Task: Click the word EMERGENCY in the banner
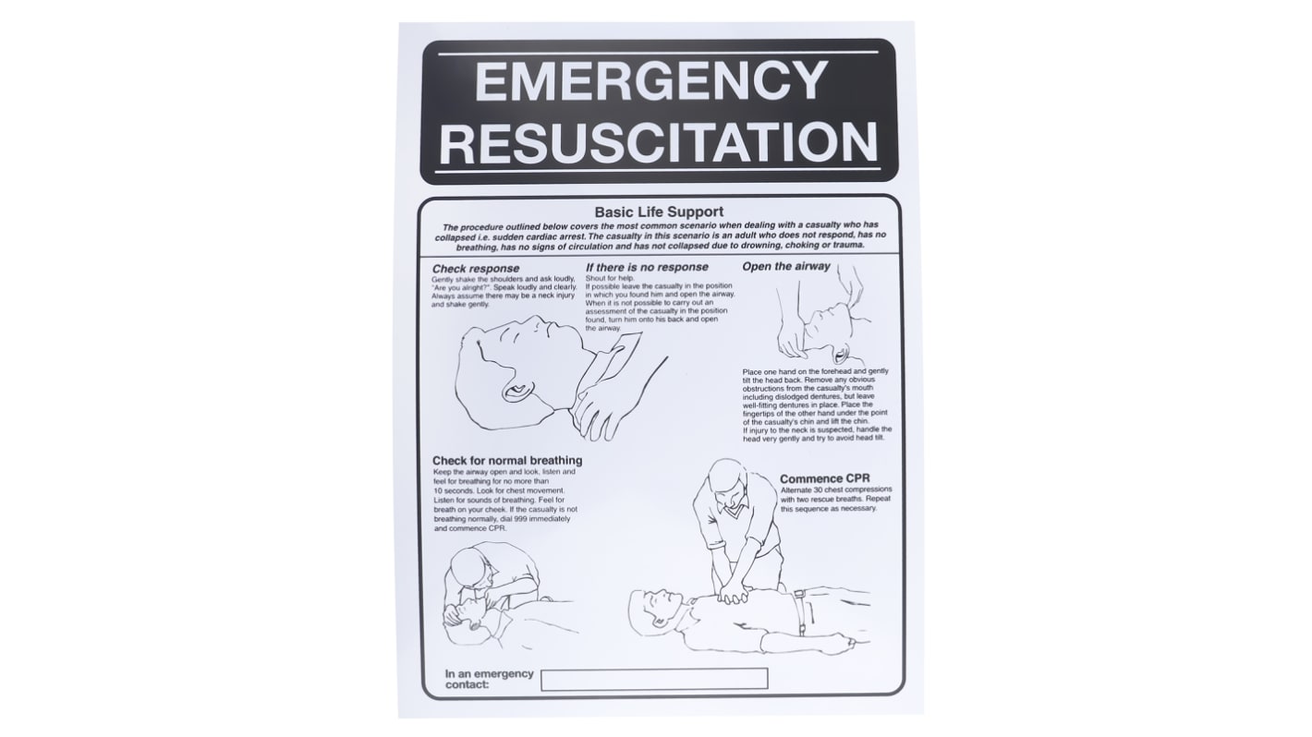point(650,81)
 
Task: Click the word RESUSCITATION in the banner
point(658,141)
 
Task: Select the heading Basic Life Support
point(659,211)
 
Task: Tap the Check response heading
point(475,269)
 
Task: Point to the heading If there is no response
point(647,267)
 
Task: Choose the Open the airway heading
point(786,266)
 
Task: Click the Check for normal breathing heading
point(507,460)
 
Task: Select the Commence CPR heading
point(824,478)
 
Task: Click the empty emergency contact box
point(653,678)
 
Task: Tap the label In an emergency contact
point(489,679)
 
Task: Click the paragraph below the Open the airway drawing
point(817,404)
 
